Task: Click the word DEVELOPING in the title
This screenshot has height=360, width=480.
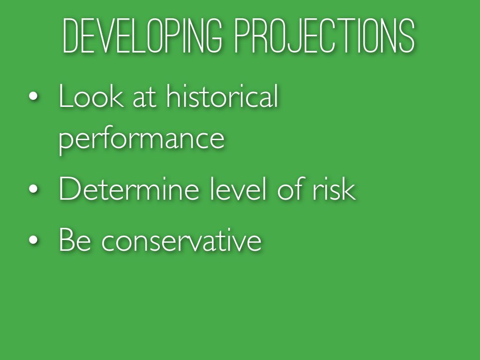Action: [x=142, y=36]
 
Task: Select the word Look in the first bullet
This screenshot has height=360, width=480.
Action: [x=91, y=96]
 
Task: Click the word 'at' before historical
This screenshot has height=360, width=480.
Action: [x=145, y=98]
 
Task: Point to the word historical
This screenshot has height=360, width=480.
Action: [x=222, y=95]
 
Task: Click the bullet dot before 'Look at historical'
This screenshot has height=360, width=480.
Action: [x=33, y=96]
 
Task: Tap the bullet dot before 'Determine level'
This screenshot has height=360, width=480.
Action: [x=33, y=189]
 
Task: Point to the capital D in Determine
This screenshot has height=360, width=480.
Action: [x=69, y=188]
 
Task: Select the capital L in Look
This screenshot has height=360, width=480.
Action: [x=65, y=96]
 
